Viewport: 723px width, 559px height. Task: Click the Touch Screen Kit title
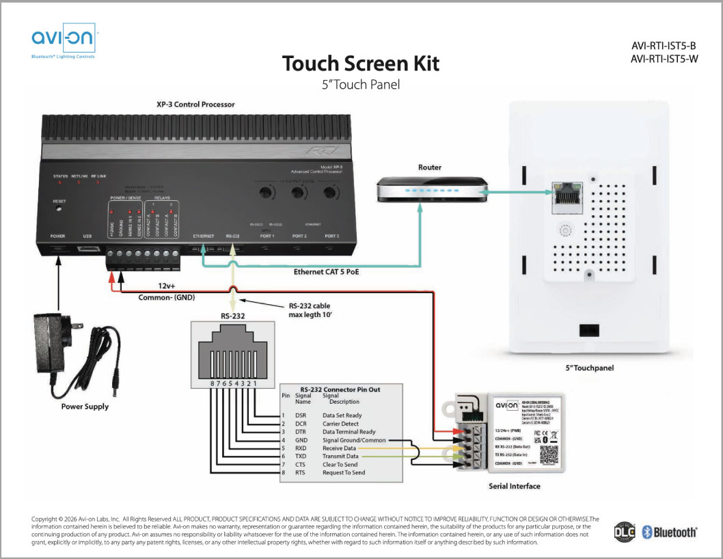click(x=361, y=64)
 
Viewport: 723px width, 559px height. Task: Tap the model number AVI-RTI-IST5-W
click(x=664, y=59)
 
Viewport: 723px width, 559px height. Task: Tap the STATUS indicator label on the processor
click(x=61, y=176)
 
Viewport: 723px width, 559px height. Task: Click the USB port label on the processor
click(x=87, y=236)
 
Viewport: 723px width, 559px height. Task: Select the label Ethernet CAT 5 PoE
click(x=327, y=272)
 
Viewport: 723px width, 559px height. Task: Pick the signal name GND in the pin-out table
click(x=301, y=441)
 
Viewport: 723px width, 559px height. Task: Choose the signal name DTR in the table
click(x=301, y=432)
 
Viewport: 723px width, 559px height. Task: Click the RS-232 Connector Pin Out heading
click(x=341, y=390)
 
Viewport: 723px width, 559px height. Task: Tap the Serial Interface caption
click(x=514, y=486)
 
